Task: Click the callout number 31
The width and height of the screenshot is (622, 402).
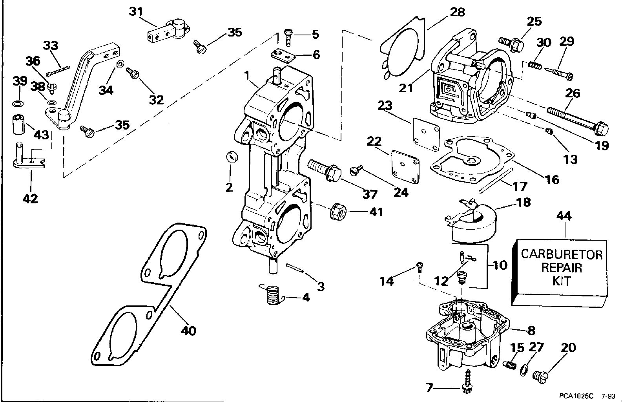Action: tap(136, 12)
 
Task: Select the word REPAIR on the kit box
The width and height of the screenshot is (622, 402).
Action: tap(561, 268)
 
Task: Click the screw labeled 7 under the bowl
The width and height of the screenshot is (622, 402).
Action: tap(467, 379)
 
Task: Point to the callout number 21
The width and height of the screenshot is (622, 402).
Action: tap(406, 88)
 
